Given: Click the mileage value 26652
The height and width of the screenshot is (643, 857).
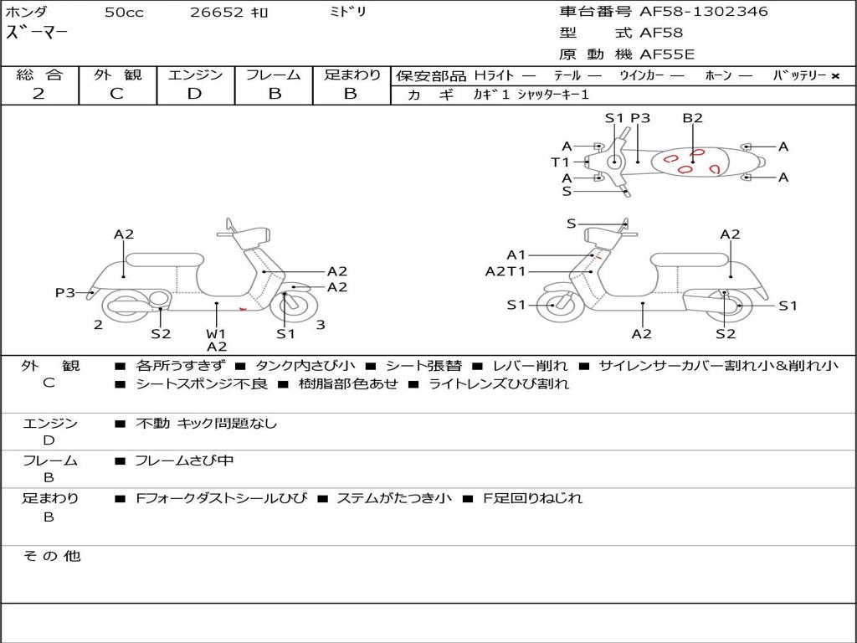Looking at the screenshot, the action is point(216,13).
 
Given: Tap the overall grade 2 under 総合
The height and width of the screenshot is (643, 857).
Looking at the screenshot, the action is point(38,94).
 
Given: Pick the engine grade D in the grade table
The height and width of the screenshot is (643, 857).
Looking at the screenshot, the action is point(194,94).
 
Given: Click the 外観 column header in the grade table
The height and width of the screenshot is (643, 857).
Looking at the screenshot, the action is point(117,75).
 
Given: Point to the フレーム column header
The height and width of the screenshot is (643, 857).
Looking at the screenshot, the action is point(274,75).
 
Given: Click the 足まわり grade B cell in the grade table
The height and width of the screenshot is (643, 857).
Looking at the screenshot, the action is point(351,94).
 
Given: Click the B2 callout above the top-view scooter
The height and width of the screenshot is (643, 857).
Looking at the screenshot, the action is point(692,118).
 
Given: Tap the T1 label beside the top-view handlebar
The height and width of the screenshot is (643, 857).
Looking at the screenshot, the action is point(560,162).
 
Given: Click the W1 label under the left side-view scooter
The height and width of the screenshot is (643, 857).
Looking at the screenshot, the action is point(216,334).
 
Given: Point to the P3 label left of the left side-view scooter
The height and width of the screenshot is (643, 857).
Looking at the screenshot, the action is point(65,292).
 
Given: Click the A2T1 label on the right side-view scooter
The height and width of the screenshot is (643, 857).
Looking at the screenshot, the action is point(505,271).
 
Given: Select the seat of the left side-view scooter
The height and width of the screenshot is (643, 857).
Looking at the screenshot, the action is point(163,258).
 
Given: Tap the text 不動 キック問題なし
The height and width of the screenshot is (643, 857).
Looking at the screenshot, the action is point(206,424).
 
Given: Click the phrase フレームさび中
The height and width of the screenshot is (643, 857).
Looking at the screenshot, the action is point(184,460).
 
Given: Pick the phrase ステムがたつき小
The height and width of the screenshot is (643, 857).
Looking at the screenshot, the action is point(393,498).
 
